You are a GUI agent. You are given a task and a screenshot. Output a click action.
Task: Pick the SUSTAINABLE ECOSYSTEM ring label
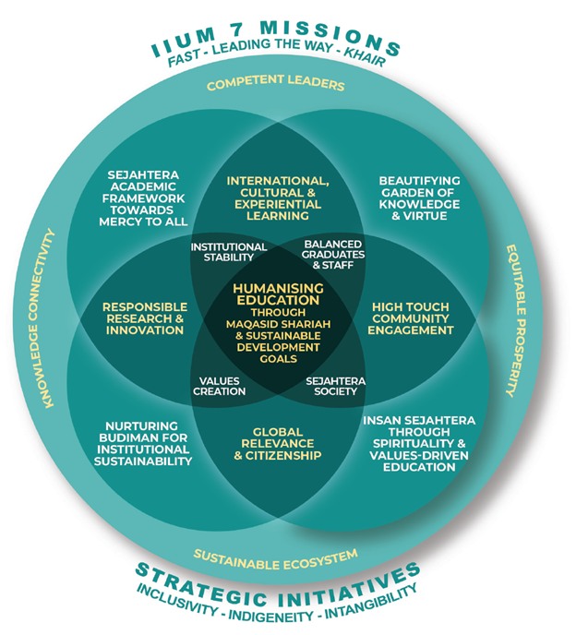(275, 556)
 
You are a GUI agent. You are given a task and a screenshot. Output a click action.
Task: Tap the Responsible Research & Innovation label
(143, 318)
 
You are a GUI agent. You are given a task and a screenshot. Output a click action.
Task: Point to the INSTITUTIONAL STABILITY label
(229, 252)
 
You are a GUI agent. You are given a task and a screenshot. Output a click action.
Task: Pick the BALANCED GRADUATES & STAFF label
(333, 252)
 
